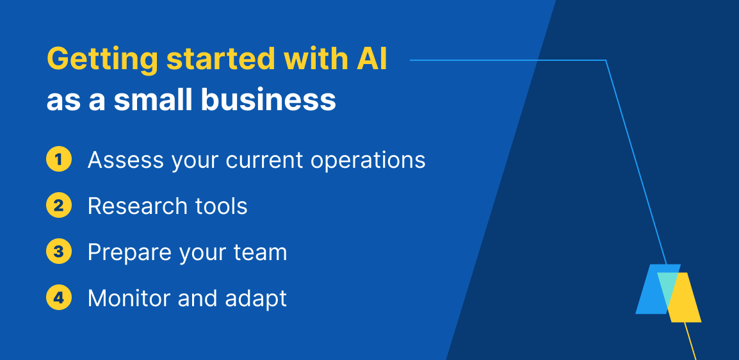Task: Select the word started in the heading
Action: coord(221,59)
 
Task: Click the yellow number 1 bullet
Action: coord(59,160)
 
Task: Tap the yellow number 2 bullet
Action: coord(59,206)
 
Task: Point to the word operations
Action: coord(368,161)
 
